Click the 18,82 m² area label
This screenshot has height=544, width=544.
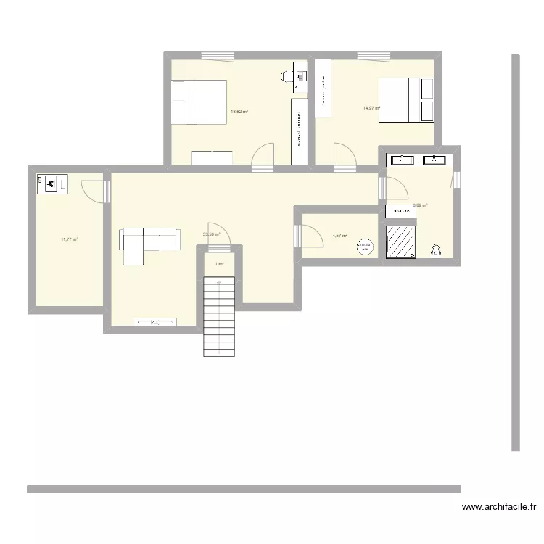[239, 112]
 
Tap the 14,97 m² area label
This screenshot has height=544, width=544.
[372, 108]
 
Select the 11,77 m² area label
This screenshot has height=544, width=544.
[70, 239]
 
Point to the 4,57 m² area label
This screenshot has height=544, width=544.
[339, 236]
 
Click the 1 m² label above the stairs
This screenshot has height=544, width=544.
[219, 264]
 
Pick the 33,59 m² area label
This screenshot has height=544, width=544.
[212, 234]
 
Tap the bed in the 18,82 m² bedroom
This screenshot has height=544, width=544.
[199, 102]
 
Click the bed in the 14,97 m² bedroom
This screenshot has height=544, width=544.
[407, 100]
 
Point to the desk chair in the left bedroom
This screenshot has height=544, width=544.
[287, 75]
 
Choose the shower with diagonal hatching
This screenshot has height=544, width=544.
[401, 241]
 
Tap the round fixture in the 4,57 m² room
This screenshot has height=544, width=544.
[364, 247]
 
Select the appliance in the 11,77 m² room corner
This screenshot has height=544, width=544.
[51, 184]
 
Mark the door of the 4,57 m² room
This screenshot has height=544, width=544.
[311, 237]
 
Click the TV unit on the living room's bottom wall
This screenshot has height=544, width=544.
[155, 322]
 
